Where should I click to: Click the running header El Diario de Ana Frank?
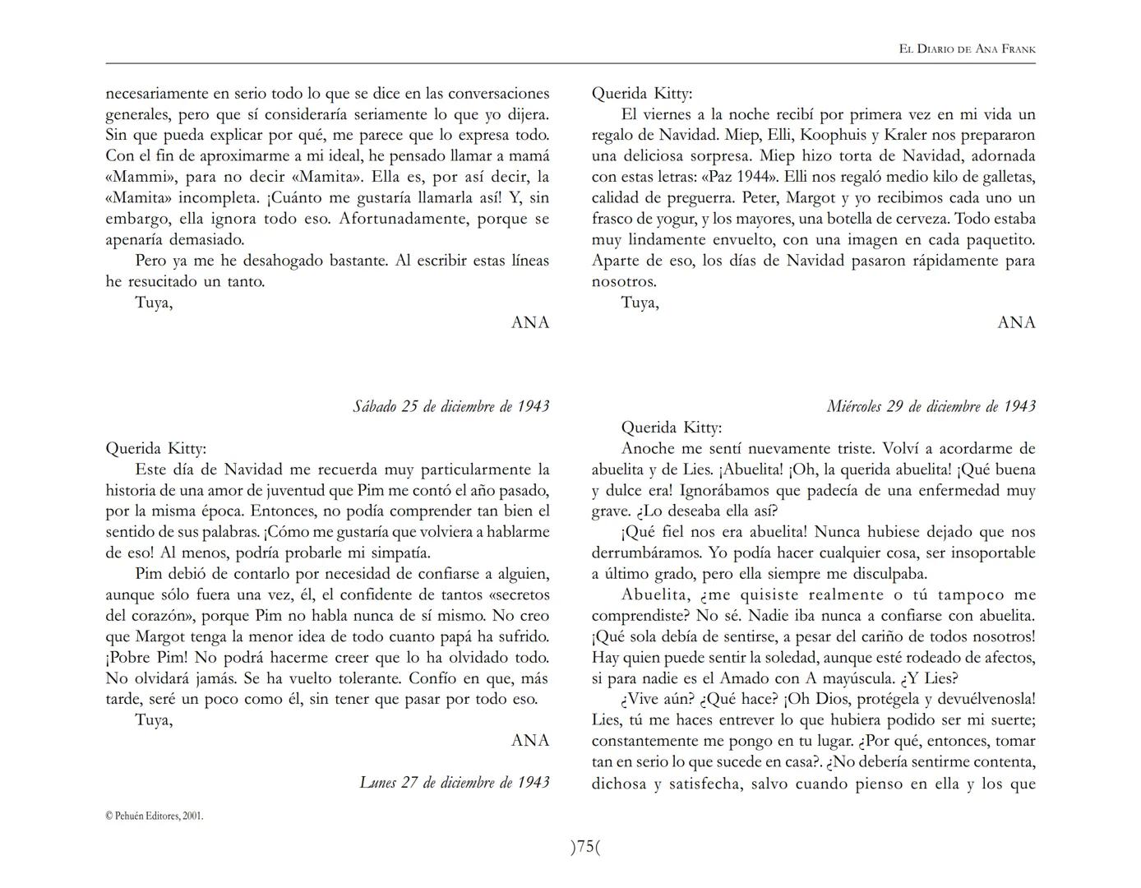[x=967, y=49]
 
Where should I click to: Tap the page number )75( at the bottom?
[x=585, y=847]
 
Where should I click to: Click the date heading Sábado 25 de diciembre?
[x=450, y=406]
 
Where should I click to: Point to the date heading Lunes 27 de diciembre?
[x=454, y=782]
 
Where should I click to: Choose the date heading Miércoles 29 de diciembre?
[x=931, y=406]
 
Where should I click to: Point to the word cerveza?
[x=917, y=219]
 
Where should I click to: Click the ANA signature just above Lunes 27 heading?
[x=530, y=740]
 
